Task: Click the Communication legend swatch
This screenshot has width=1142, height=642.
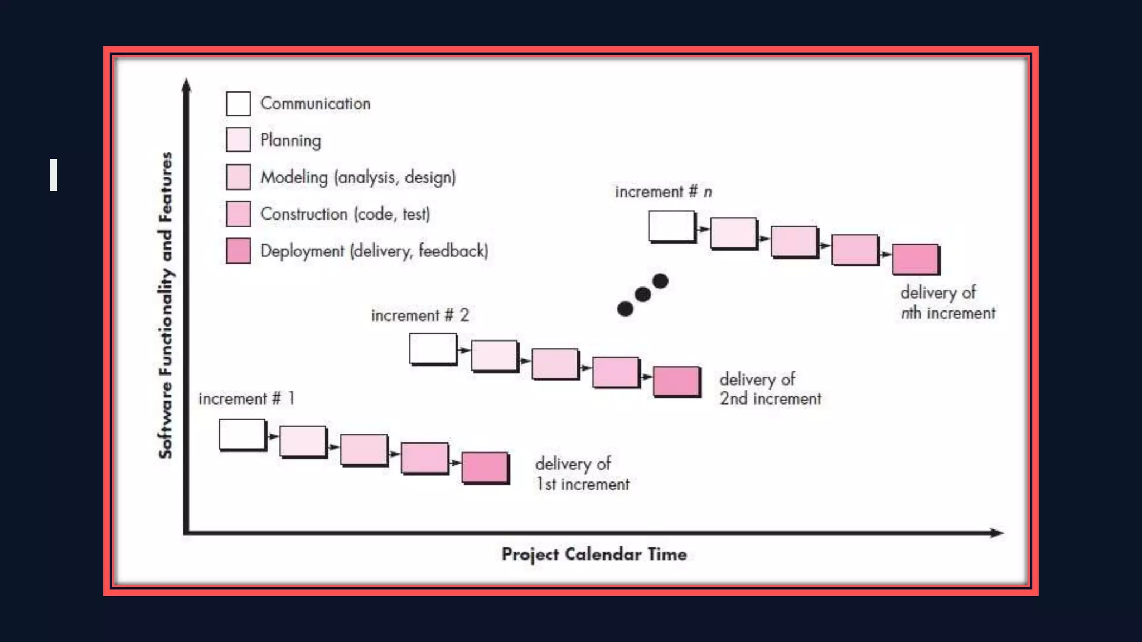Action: [x=238, y=104]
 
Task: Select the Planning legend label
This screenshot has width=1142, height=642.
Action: [x=291, y=140]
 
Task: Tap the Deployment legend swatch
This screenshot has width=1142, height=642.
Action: [x=238, y=251]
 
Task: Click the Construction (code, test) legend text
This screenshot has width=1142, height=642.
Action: [x=345, y=214]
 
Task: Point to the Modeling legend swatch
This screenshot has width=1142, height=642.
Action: [x=238, y=177]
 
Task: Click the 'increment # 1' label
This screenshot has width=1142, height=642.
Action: [x=246, y=398]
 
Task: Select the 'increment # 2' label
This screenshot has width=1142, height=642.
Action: [x=420, y=315]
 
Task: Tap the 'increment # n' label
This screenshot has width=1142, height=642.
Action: [x=663, y=192]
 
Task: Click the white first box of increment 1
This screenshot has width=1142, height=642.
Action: [x=242, y=434]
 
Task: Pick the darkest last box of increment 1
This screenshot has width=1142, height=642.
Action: [x=485, y=468]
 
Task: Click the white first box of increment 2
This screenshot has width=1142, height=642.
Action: [x=433, y=349]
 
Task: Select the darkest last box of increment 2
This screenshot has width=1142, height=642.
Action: [x=676, y=381]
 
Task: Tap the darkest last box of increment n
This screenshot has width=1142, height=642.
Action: [x=915, y=259]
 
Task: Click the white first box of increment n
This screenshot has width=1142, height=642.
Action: [x=671, y=226]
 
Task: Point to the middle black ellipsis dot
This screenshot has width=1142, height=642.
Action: [x=642, y=294]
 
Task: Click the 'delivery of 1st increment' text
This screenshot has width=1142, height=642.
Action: [x=582, y=474]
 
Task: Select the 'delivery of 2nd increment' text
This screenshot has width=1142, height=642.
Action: [x=770, y=389]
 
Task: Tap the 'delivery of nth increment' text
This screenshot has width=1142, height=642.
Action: [x=947, y=303]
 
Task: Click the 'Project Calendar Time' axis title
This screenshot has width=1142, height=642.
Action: [x=594, y=554]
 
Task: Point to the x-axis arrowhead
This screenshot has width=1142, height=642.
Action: [x=996, y=533]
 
